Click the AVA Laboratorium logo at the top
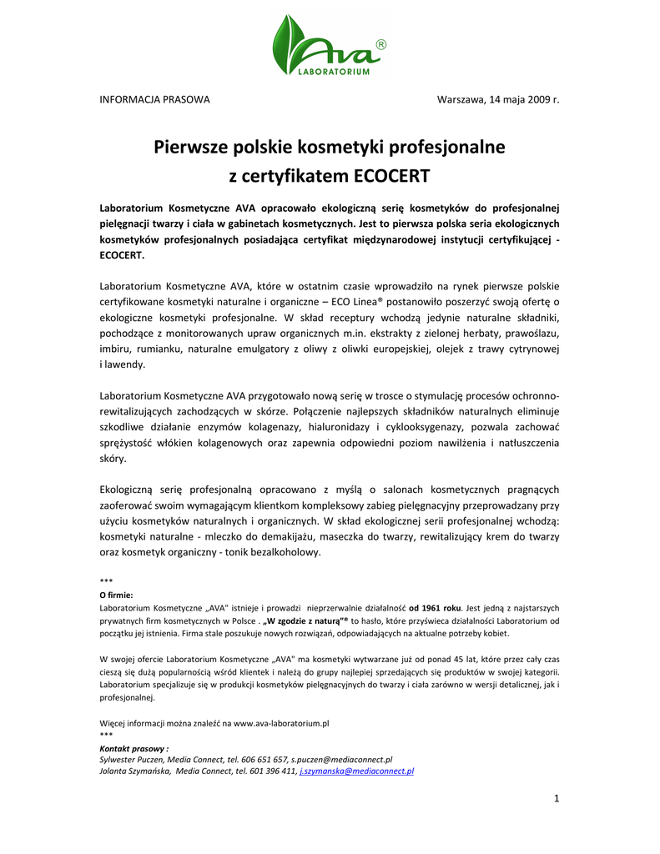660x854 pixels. (330, 47)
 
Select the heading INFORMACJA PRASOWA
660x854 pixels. (154, 100)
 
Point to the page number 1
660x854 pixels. (556, 800)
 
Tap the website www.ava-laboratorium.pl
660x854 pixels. (281, 724)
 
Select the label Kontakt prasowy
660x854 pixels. (134, 749)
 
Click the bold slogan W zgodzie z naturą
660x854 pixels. (303, 621)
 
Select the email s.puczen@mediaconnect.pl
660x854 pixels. (342, 761)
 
